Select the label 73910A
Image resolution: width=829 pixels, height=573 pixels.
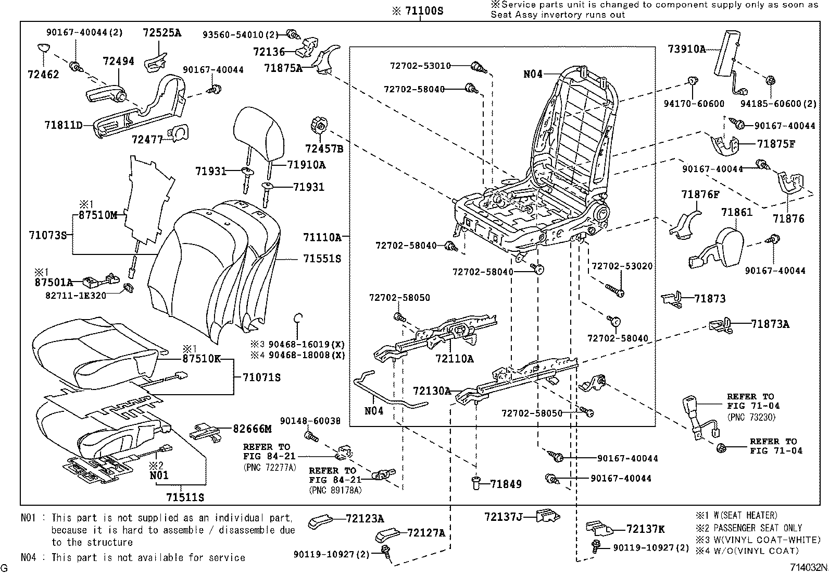click(686, 50)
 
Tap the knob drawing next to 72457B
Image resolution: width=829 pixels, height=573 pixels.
click(319, 126)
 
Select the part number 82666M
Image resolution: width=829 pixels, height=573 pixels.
click(252, 429)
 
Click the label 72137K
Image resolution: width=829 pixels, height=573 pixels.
click(645, 529)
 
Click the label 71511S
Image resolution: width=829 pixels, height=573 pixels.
click(185, 497)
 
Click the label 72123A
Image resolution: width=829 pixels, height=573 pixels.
click(365, 519)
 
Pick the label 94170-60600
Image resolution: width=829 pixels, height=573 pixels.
click(694, 104)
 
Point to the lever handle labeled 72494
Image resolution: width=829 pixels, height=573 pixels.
click(107, 95)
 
